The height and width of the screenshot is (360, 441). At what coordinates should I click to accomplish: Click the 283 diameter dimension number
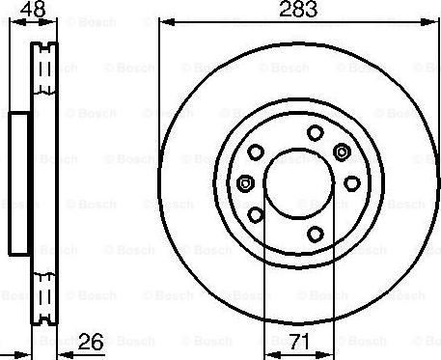click(x=294, y=13)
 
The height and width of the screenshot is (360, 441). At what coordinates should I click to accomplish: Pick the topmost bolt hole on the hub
click(x=314, y=133)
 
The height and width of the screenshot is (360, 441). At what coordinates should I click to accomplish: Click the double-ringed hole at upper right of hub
click(x=342, y=151)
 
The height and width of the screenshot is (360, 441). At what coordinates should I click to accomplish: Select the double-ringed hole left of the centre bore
click(x=245, y=183)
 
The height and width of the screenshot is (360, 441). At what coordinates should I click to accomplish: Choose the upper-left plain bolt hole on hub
click(x=257, y=152)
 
